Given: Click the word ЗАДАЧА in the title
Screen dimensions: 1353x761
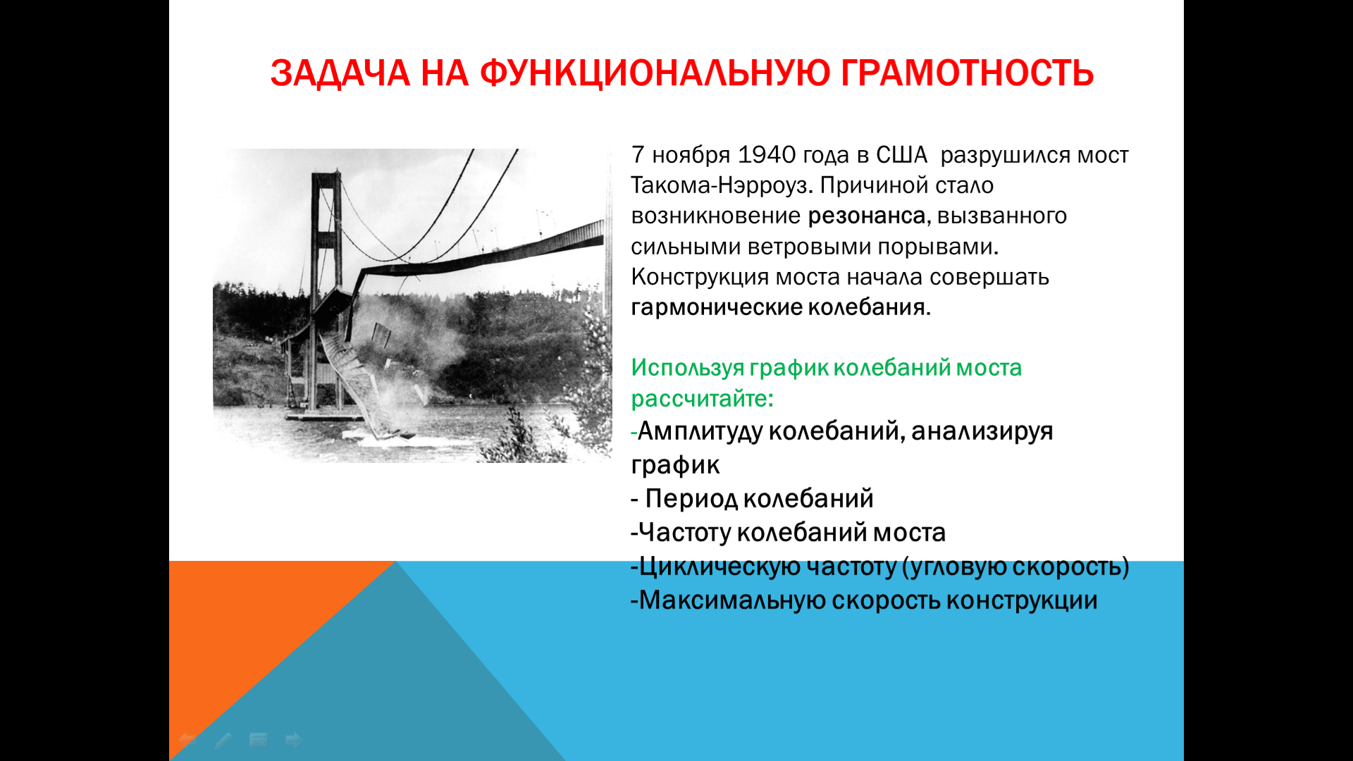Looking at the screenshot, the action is [340, 74].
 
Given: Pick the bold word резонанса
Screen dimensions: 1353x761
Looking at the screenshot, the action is [866, 216].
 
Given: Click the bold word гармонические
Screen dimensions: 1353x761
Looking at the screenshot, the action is [715, 308].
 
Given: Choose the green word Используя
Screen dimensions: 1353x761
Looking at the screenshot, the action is [687, 368].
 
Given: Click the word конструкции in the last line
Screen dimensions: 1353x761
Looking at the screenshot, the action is [1022, 601].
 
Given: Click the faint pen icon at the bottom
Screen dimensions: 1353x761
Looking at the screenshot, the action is [223, 741].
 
